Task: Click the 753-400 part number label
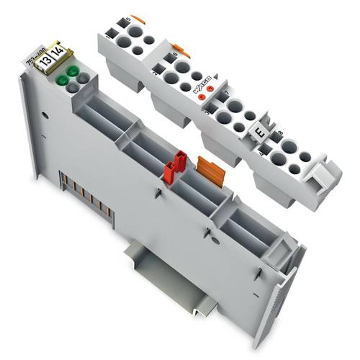(34, 57)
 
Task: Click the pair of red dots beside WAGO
(207, 96)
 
